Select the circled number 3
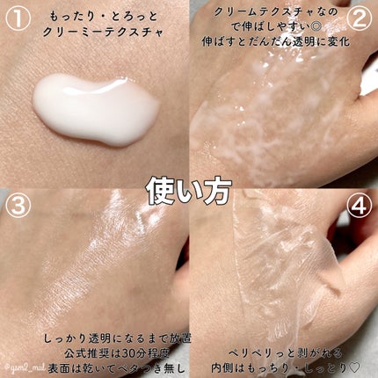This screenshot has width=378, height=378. (19, 208)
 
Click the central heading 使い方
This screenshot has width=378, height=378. (189, 187)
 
